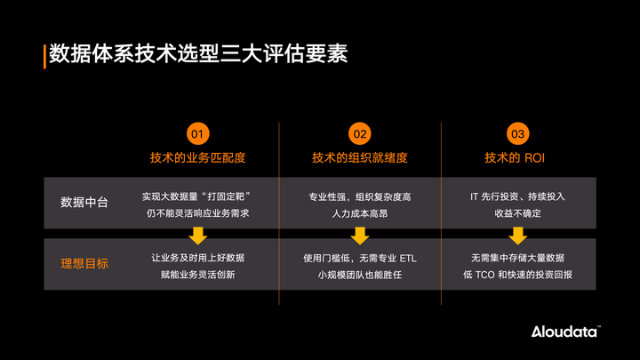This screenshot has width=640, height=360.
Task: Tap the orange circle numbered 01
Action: (198, 134)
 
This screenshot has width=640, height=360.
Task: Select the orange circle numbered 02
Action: (359, 134)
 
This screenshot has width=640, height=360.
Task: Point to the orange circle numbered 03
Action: (517, 134)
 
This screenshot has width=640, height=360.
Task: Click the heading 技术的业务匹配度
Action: (198, 158)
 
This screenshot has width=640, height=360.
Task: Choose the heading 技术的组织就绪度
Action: (359, 158)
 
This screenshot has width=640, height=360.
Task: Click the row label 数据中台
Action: (84, 203)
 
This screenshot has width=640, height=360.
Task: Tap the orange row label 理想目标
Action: (84, 263)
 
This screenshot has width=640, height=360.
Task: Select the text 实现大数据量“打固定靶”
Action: (198, 196)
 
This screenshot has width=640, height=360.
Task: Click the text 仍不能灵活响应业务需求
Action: (198, 213)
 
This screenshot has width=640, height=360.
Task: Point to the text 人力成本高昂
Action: (359, 213)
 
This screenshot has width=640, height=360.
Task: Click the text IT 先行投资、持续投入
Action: (517, 196)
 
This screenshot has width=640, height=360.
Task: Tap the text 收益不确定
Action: (517, 213)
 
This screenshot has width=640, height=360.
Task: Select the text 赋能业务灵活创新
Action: (198, 275)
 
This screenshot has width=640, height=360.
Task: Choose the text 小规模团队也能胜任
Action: (359, 275)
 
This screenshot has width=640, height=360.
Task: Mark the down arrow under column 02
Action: (359, 236)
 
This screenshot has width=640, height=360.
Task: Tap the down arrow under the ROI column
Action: (517, 236)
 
